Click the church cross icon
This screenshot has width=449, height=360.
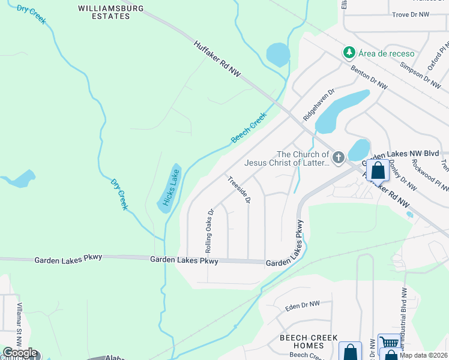[339, 158]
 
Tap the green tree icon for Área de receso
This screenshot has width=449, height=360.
[349, 53]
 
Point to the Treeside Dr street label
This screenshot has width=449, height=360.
[238, 190]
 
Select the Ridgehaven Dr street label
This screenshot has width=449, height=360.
[318, 106]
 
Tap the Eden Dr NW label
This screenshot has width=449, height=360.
[303, 306]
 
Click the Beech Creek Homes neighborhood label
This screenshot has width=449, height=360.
[309, 342]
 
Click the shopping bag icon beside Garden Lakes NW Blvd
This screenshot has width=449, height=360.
[378, 170]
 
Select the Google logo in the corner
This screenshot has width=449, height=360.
[20, 353]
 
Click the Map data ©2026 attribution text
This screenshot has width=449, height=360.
[424, 355]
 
